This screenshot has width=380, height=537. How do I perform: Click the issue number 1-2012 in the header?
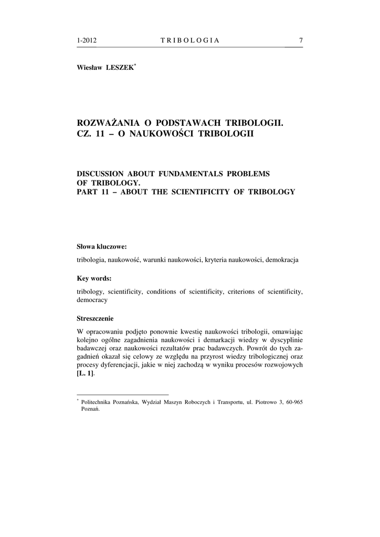coord(87,40)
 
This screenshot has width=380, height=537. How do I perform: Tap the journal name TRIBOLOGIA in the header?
coord(189,40)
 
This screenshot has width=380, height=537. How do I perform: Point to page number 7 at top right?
coord(300,40)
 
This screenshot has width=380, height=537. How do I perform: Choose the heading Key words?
coord(94,278)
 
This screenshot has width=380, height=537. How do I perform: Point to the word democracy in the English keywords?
coord(92,300)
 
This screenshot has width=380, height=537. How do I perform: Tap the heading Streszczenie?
coord(95,318)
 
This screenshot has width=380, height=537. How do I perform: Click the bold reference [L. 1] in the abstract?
coord(85,373)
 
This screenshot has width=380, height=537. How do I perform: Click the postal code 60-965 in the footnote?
coord(294,402)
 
